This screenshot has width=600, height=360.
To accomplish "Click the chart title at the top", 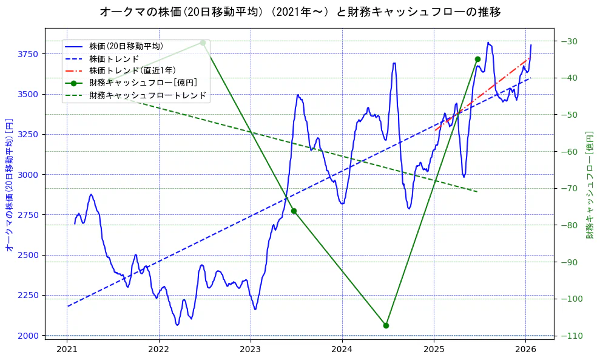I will [300, 12].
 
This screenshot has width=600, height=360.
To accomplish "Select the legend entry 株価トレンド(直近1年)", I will [132, 70].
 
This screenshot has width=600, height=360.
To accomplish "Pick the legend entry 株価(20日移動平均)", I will [126, 46].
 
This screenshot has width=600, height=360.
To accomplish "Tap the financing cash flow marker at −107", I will [386, 325].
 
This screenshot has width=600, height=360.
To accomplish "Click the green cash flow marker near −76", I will [294, 211].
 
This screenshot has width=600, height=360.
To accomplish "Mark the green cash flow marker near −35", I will [477, 59].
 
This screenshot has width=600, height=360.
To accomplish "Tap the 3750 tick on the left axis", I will [29, 54].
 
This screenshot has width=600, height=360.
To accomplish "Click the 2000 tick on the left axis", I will [29, 336].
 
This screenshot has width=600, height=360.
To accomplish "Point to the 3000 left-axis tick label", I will [29, 175].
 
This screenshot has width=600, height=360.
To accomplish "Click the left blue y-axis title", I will [9, 185].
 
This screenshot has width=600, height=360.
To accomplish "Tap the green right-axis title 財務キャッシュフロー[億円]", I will [590, 185].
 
